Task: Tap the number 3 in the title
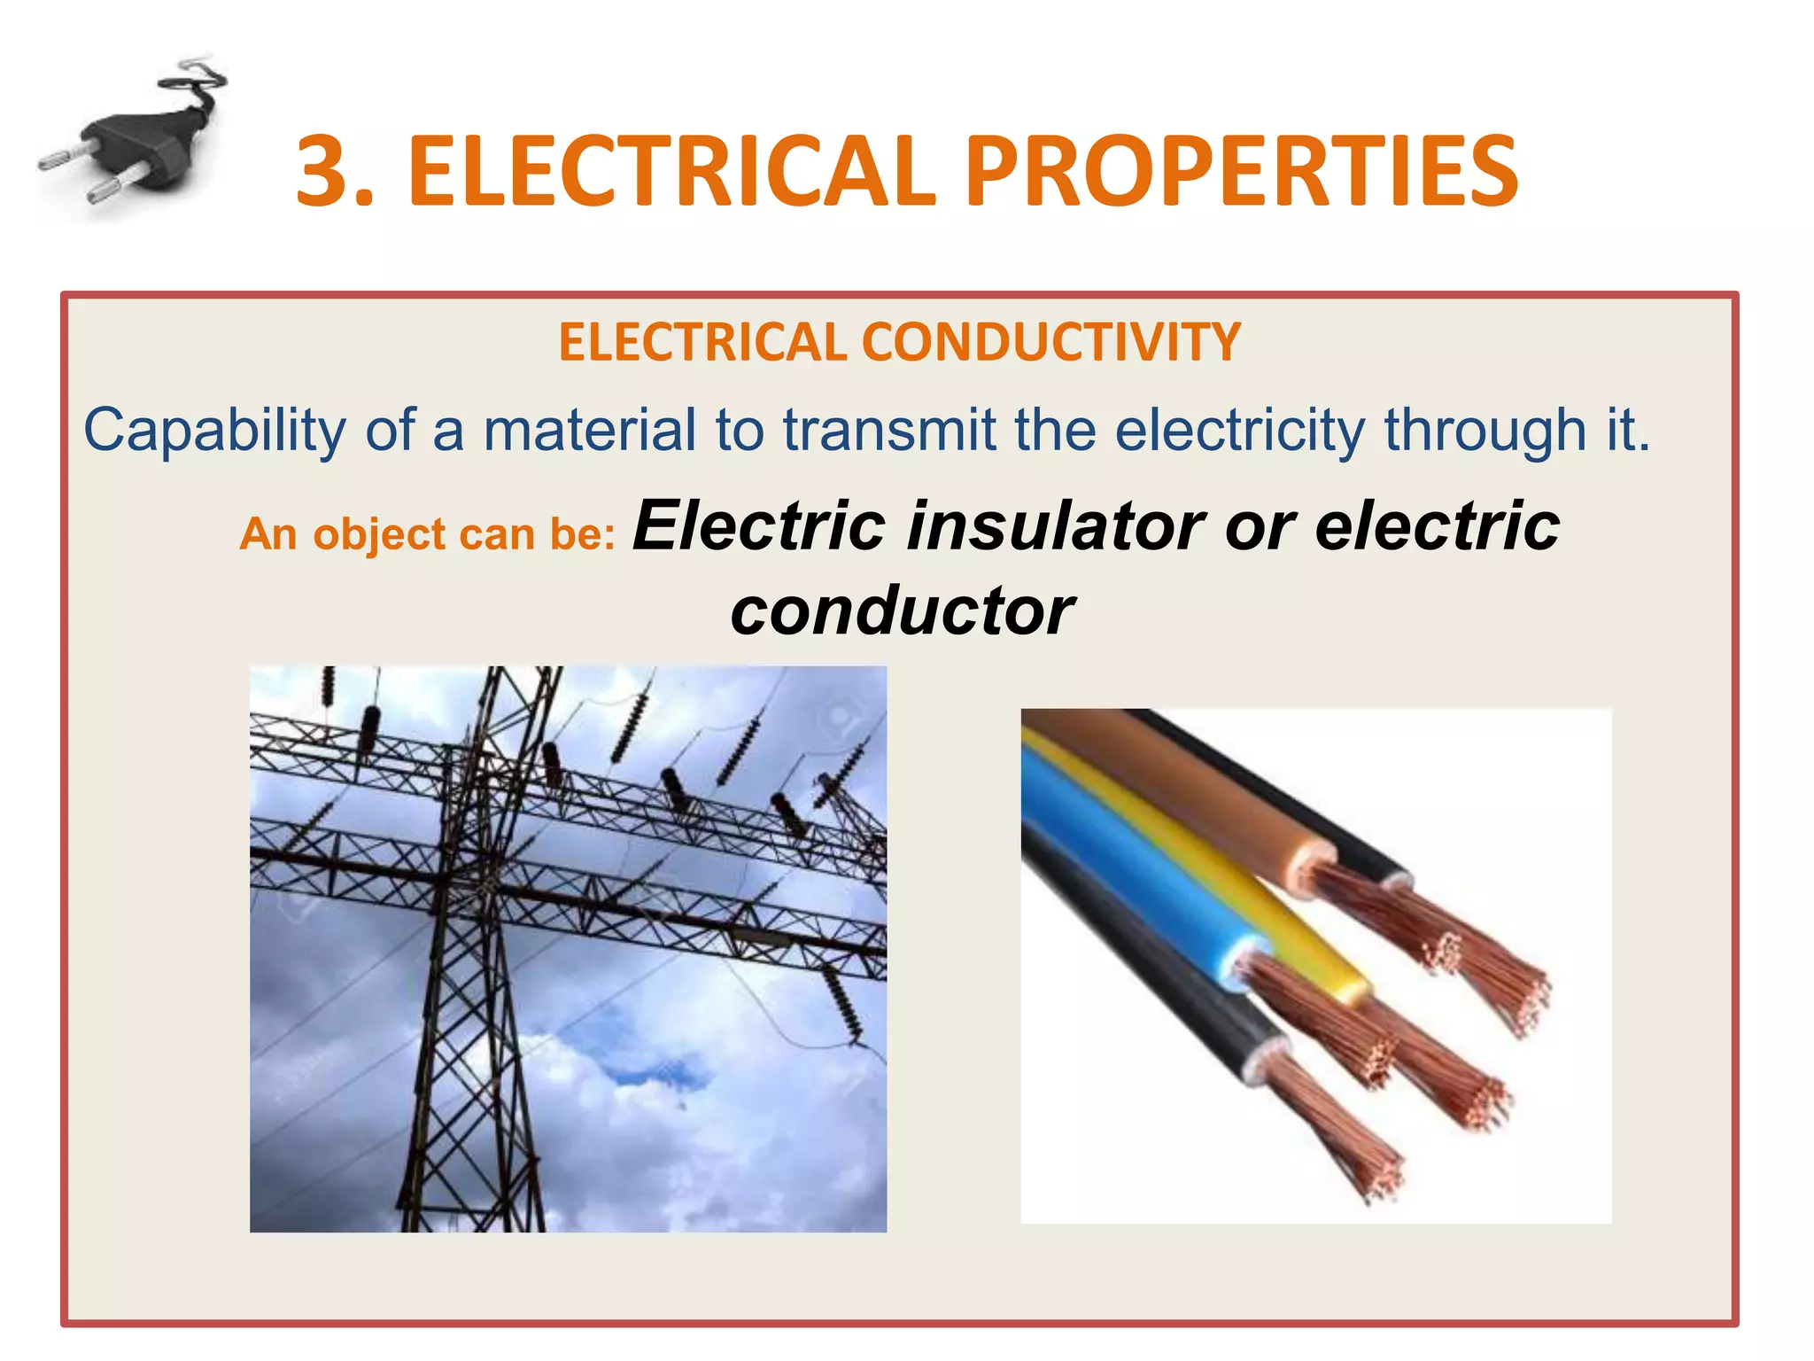click(325, 172)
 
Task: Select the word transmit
click(889, 432)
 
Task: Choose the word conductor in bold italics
click(902, 611)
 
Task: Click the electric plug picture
click(133, 142)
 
